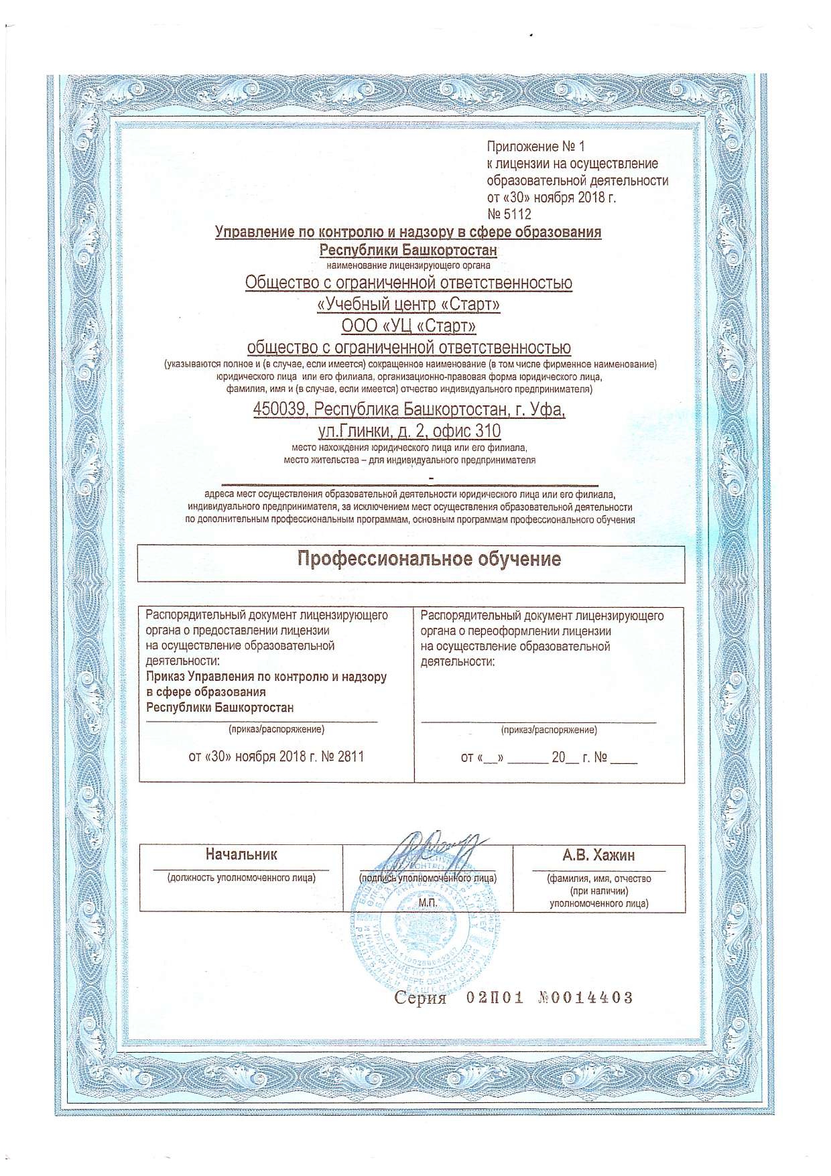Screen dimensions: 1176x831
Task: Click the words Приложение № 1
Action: point(535,146)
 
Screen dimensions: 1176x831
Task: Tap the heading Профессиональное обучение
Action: point(429,560)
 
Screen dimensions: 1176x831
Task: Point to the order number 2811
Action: point(351,757)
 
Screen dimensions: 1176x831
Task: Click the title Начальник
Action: point(241,854)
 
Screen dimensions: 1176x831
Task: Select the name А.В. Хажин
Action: point(598,855)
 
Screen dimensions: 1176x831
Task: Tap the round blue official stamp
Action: point(426,928)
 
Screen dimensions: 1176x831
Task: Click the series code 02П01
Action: point(495,998)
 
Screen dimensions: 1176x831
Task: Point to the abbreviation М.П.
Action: point(428,903)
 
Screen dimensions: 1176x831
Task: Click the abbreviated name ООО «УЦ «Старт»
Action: point(409,326)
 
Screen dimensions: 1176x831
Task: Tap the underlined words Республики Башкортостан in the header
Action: point(408,250)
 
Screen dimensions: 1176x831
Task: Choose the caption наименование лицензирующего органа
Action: point(408,265)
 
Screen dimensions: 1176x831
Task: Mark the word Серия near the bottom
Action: point(420,998)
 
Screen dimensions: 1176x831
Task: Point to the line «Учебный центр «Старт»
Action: point(409,304)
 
